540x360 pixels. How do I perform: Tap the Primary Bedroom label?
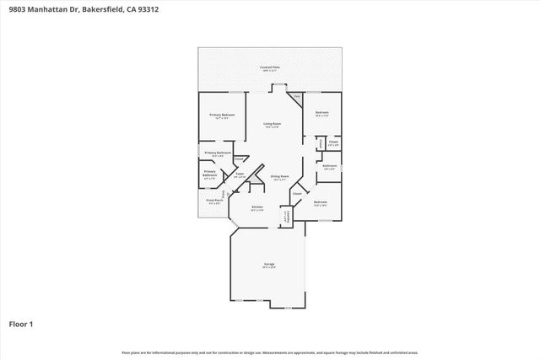pos(222,115)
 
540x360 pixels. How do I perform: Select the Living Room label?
pos(271,124)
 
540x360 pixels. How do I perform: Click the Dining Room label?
pos(279,176)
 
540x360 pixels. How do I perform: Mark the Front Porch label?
pos(213,201)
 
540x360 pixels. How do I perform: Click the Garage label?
pos(269,264)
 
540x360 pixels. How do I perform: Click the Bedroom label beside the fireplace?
pos(321,113)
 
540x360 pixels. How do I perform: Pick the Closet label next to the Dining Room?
pos(296,194)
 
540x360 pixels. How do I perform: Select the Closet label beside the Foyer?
pos(238,159)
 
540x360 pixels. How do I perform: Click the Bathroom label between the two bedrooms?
pos(330,165)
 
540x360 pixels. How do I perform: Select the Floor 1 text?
pos(21,323)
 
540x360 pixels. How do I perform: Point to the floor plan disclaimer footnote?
pos(269,352)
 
